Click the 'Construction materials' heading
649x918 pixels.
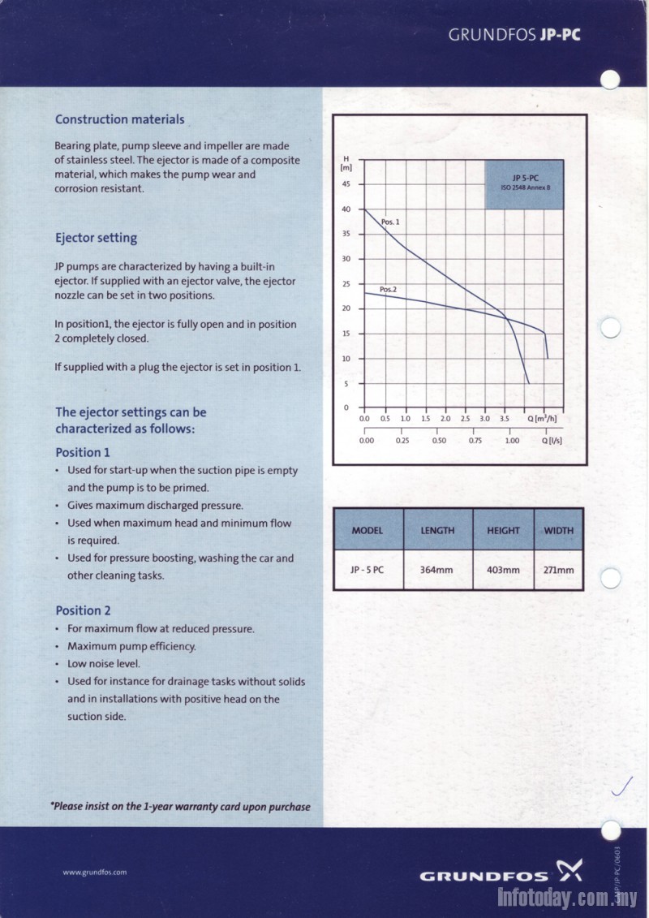[x=119, y=119]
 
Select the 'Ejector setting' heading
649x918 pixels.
[x=96, y=238]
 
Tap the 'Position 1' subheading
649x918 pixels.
[x=82, y=452]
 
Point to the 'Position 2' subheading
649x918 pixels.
[x=83, y=610]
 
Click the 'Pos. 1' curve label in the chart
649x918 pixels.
[x=390, y=221]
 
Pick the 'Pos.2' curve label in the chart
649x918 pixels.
[x=388, y=289]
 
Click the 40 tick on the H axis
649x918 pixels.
[x=346, y=209]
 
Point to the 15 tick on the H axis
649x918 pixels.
[x=346, y=334]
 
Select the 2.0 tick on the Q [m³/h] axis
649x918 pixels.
[x=445, y=419]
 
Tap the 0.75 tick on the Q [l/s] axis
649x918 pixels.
[x=475, y=441]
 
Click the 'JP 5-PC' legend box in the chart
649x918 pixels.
[x=525, y=183]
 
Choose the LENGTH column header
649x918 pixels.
[x=437, y=531]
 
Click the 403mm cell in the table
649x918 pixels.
[x=503, y=570]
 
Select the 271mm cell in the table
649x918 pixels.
[x=558, y=570]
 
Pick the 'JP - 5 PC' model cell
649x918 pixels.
[x=367, y=570]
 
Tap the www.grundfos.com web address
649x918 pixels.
[x=94, y=873]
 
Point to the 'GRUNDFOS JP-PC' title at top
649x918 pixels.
[x=515, y=36]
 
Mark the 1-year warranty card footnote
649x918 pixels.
[x=180, y=807]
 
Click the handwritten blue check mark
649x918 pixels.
[x=621, y=786]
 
